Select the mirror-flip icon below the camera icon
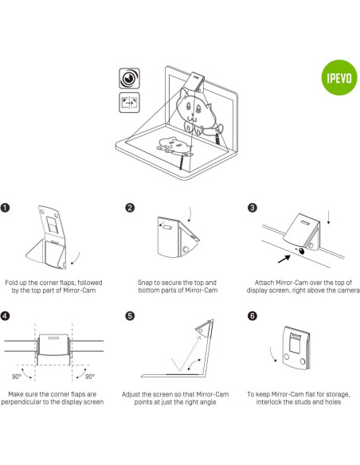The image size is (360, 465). (x=127, y=102)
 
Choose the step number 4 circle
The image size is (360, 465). (x=7, y=315)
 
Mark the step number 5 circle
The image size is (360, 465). (x=130, y=315)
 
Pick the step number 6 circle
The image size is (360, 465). (x=252, y=315)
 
